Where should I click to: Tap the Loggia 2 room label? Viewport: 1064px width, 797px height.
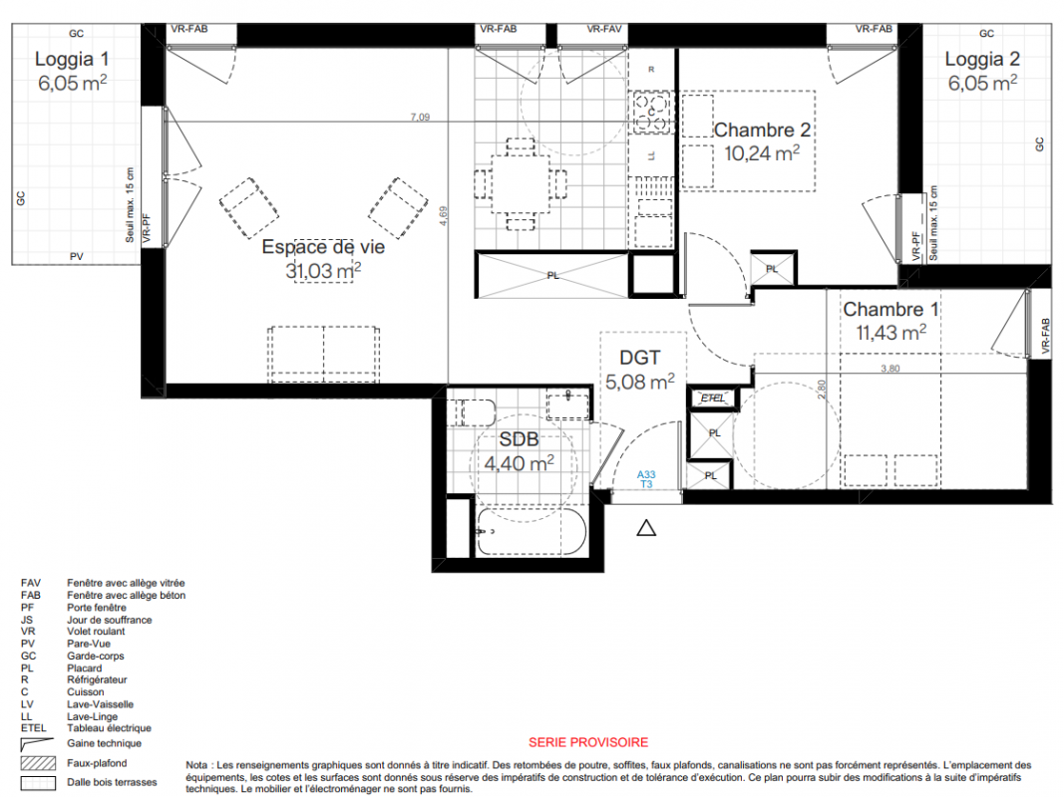(982, 59)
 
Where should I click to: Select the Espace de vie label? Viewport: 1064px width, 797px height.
(323, 247)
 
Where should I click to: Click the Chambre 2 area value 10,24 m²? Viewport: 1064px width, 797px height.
(762, 153)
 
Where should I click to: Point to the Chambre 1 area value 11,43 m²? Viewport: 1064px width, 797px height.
(890, 332)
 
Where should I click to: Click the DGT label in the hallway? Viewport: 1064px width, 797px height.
(639, 358)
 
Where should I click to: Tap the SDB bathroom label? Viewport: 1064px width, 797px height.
(519, 439)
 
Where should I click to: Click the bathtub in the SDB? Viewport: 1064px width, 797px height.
(530, 531)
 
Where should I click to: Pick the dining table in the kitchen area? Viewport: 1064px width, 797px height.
(521, 183)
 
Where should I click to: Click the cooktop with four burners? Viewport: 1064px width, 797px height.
(651, 112)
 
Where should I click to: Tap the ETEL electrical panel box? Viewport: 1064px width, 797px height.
(713, 398)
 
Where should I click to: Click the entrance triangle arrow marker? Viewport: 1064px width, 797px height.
(646, 528)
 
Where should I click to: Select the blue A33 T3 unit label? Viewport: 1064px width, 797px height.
(646, 479)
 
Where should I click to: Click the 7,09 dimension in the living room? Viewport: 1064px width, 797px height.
(420, 117)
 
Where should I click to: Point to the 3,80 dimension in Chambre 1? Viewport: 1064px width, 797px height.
(889, 368)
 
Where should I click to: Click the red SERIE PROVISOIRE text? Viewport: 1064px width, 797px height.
(588, 742)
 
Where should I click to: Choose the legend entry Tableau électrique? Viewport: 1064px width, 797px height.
(109, 728)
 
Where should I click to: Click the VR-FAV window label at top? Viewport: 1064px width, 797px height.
(604, 29)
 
